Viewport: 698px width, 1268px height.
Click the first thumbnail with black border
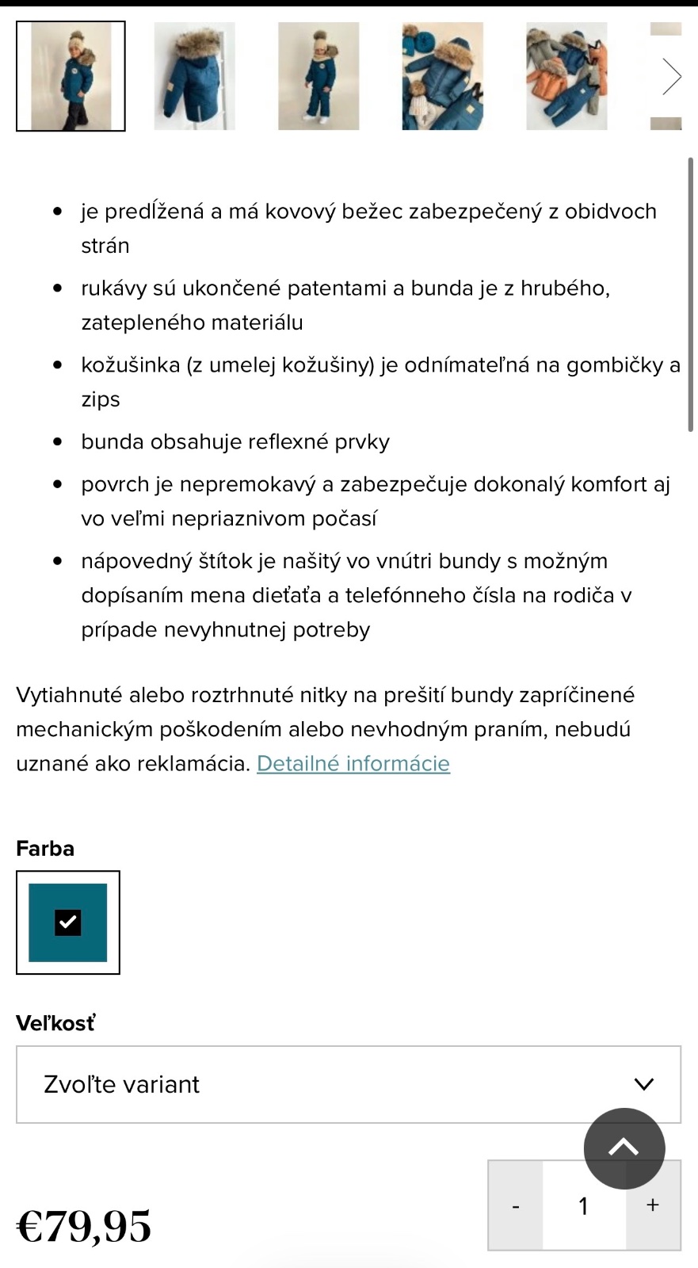click(71, 76)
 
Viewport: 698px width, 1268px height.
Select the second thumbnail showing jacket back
click(194, 76)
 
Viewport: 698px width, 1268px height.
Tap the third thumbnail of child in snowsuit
click(318, 76)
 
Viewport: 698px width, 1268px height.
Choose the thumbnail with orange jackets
click(566, 76)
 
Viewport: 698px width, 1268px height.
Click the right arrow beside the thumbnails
click(671, 77)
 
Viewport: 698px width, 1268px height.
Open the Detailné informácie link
click(353, 763)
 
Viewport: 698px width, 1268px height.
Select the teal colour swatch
click(68, 922)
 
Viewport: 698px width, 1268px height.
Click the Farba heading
click(45, 848)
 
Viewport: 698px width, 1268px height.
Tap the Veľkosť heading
click(55, 1023)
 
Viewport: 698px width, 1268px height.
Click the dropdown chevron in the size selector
click(644, 1084)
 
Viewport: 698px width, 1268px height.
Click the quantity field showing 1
click(584, 1206)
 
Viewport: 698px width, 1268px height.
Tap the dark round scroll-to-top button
click(624, 1148)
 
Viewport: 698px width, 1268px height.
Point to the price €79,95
click(84, 1226)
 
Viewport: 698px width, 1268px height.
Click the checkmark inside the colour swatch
click(68, 922)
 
